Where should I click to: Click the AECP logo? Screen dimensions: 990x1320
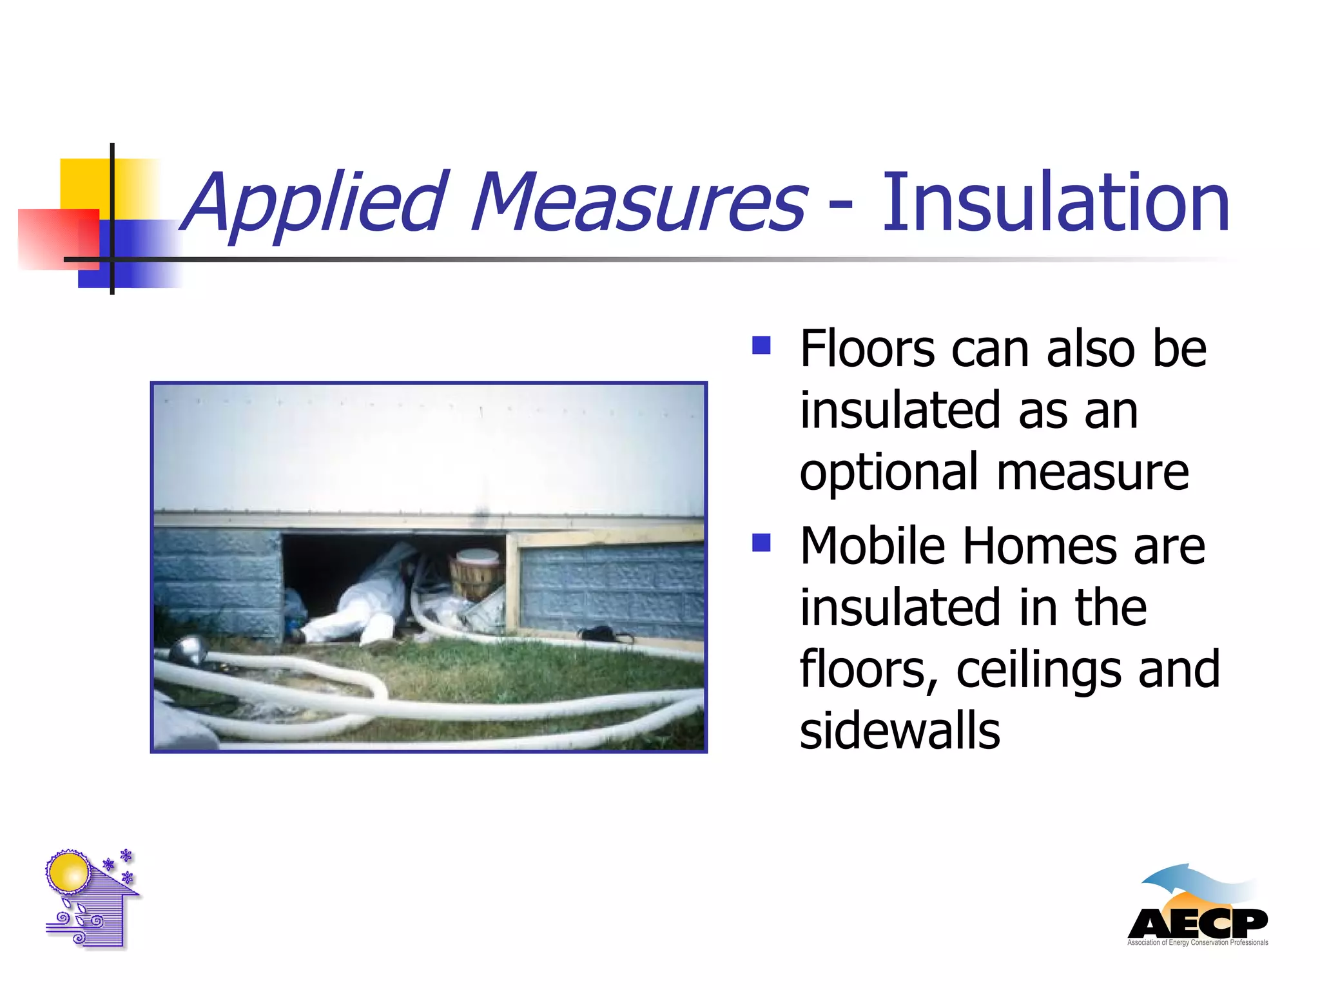pyautogui.click(x=1198, y=909)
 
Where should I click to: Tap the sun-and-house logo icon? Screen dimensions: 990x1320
pyautogui.click(x=91, y=898)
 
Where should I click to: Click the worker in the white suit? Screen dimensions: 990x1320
pyautogui.click(x=361, y=603)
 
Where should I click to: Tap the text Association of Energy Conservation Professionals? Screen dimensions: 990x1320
pyautogui.click(x=1198, y=942)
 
